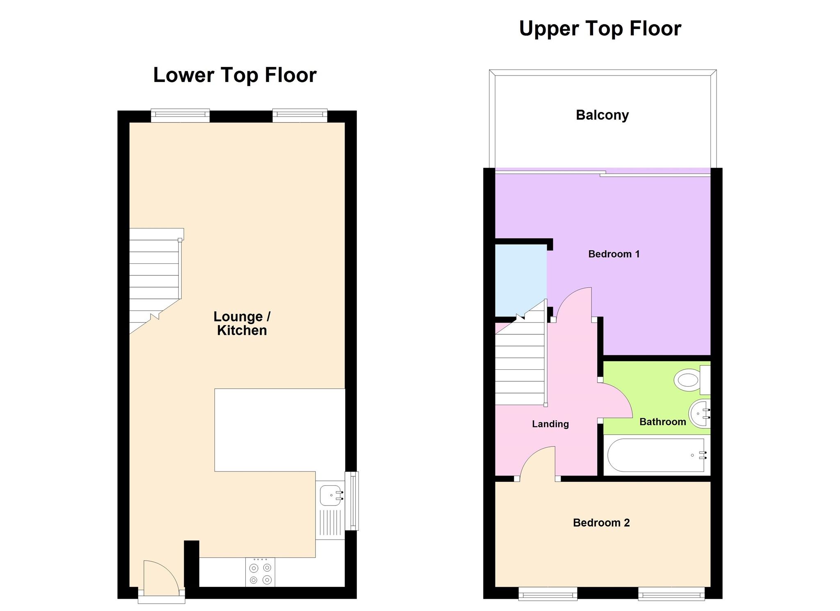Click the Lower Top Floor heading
tap(235, 75)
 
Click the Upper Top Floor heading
tap(600, 29)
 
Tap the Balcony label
tap(602, 115)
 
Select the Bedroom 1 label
tap(614, 254)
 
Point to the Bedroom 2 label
tap(601, 522)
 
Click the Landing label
tap(550, 424)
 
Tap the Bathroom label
tap(662, 422)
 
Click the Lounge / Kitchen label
tap(242, 323)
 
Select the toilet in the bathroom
tap(689, 380)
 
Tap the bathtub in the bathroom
tap(656, 455)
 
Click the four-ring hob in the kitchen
tap(260, 573)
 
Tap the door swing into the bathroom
tap(615, 400)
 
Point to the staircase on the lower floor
tap(155, 279)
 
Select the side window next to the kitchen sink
tap(352, 501)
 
